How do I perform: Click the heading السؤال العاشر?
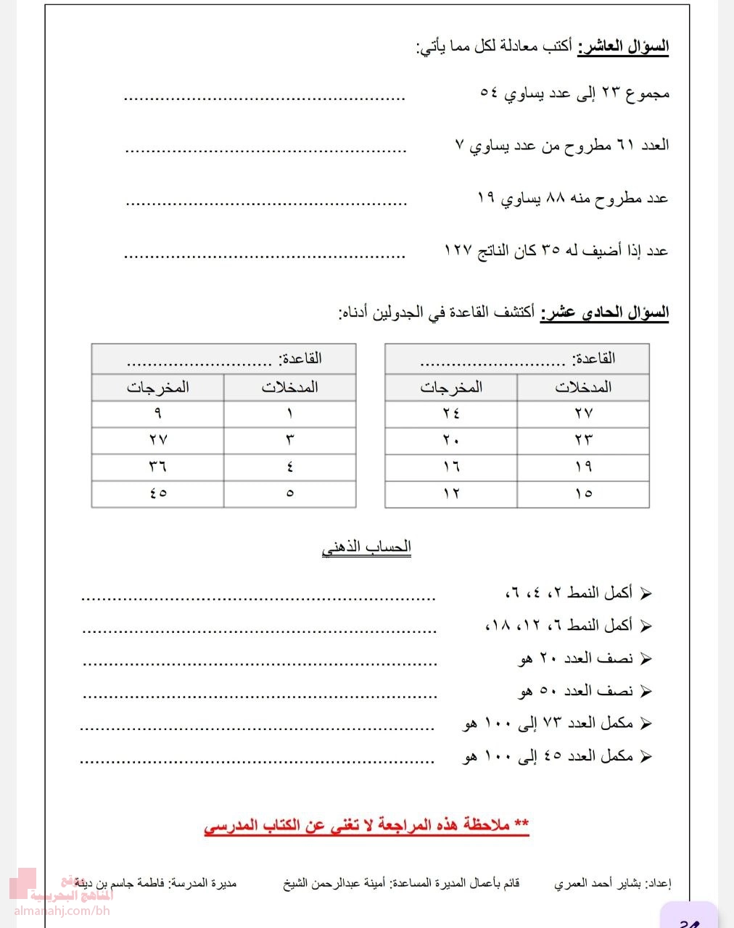[x=623, y=48]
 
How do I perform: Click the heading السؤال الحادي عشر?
[x=605, y=312]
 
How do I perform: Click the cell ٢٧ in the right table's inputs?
[x=583, y=413]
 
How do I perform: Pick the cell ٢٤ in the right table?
[x=451, y=413]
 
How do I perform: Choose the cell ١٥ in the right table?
[x=583, y=493]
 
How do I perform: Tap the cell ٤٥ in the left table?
[x=158, y=493]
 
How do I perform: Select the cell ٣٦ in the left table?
[x=158, y=466]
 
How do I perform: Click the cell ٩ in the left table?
[x=158, y=413]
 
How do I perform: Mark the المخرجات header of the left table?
[x=158, y=387]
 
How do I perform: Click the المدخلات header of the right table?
[x=583, y=387]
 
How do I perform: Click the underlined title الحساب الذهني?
[x=366, y=547]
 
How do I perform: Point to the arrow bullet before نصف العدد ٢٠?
[x=646, y=659]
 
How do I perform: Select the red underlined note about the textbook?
[x=366, y=826]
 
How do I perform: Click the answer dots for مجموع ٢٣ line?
[x=264, y=97]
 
